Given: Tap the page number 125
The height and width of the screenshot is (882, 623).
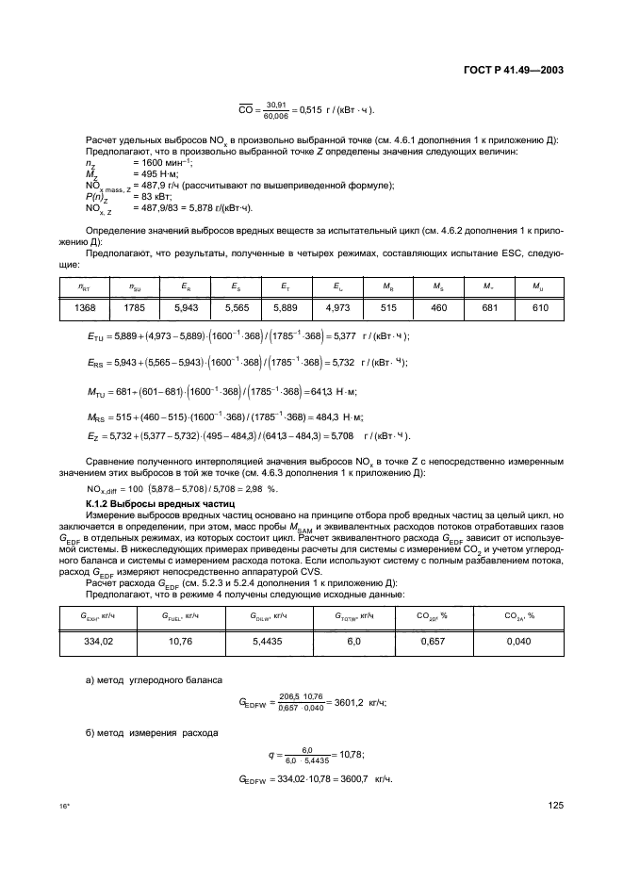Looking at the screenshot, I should point(554,807).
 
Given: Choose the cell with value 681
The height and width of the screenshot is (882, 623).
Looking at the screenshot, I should point(488,307).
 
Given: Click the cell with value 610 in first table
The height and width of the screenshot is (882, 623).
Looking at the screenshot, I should point(540,307).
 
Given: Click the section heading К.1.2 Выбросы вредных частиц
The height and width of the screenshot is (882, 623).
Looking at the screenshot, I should point(122,506).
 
